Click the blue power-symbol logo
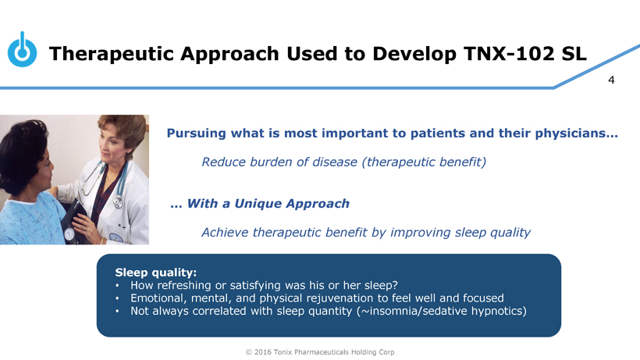click(22, 49)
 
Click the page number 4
click(611, 80)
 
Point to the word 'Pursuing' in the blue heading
click(197, 134)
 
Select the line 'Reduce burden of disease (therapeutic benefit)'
click(344, 162)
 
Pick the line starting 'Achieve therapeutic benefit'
click(366, 233)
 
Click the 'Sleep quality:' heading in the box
click(155, 273)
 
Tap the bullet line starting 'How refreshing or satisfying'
click(264, 285)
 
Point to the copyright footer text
click(320, 352)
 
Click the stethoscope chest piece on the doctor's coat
click(118, 202)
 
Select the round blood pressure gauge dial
click(69, 235)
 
